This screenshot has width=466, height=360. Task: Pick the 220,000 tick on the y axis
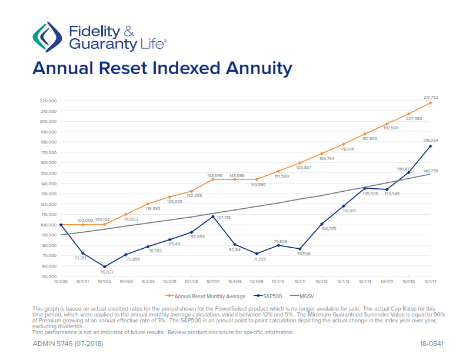pos(48,101)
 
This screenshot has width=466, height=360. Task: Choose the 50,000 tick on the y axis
pos(49,276)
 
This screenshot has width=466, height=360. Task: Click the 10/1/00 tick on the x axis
pos(61,282)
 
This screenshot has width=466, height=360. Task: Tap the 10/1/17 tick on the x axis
pos(431,282)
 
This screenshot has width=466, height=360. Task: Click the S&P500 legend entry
pos(269,296)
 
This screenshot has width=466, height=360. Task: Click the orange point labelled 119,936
pos(148,204)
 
